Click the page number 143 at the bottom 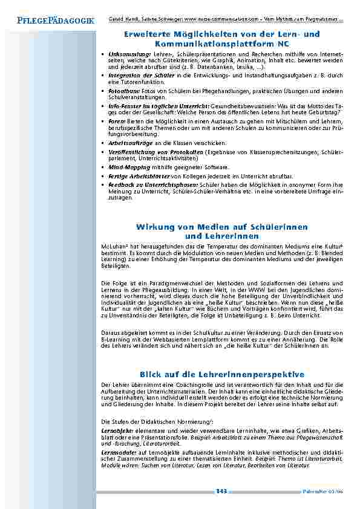point(221,491)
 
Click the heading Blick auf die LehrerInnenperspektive point(221,375)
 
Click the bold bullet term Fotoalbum point(123,91)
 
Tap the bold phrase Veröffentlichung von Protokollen point(156,152)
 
